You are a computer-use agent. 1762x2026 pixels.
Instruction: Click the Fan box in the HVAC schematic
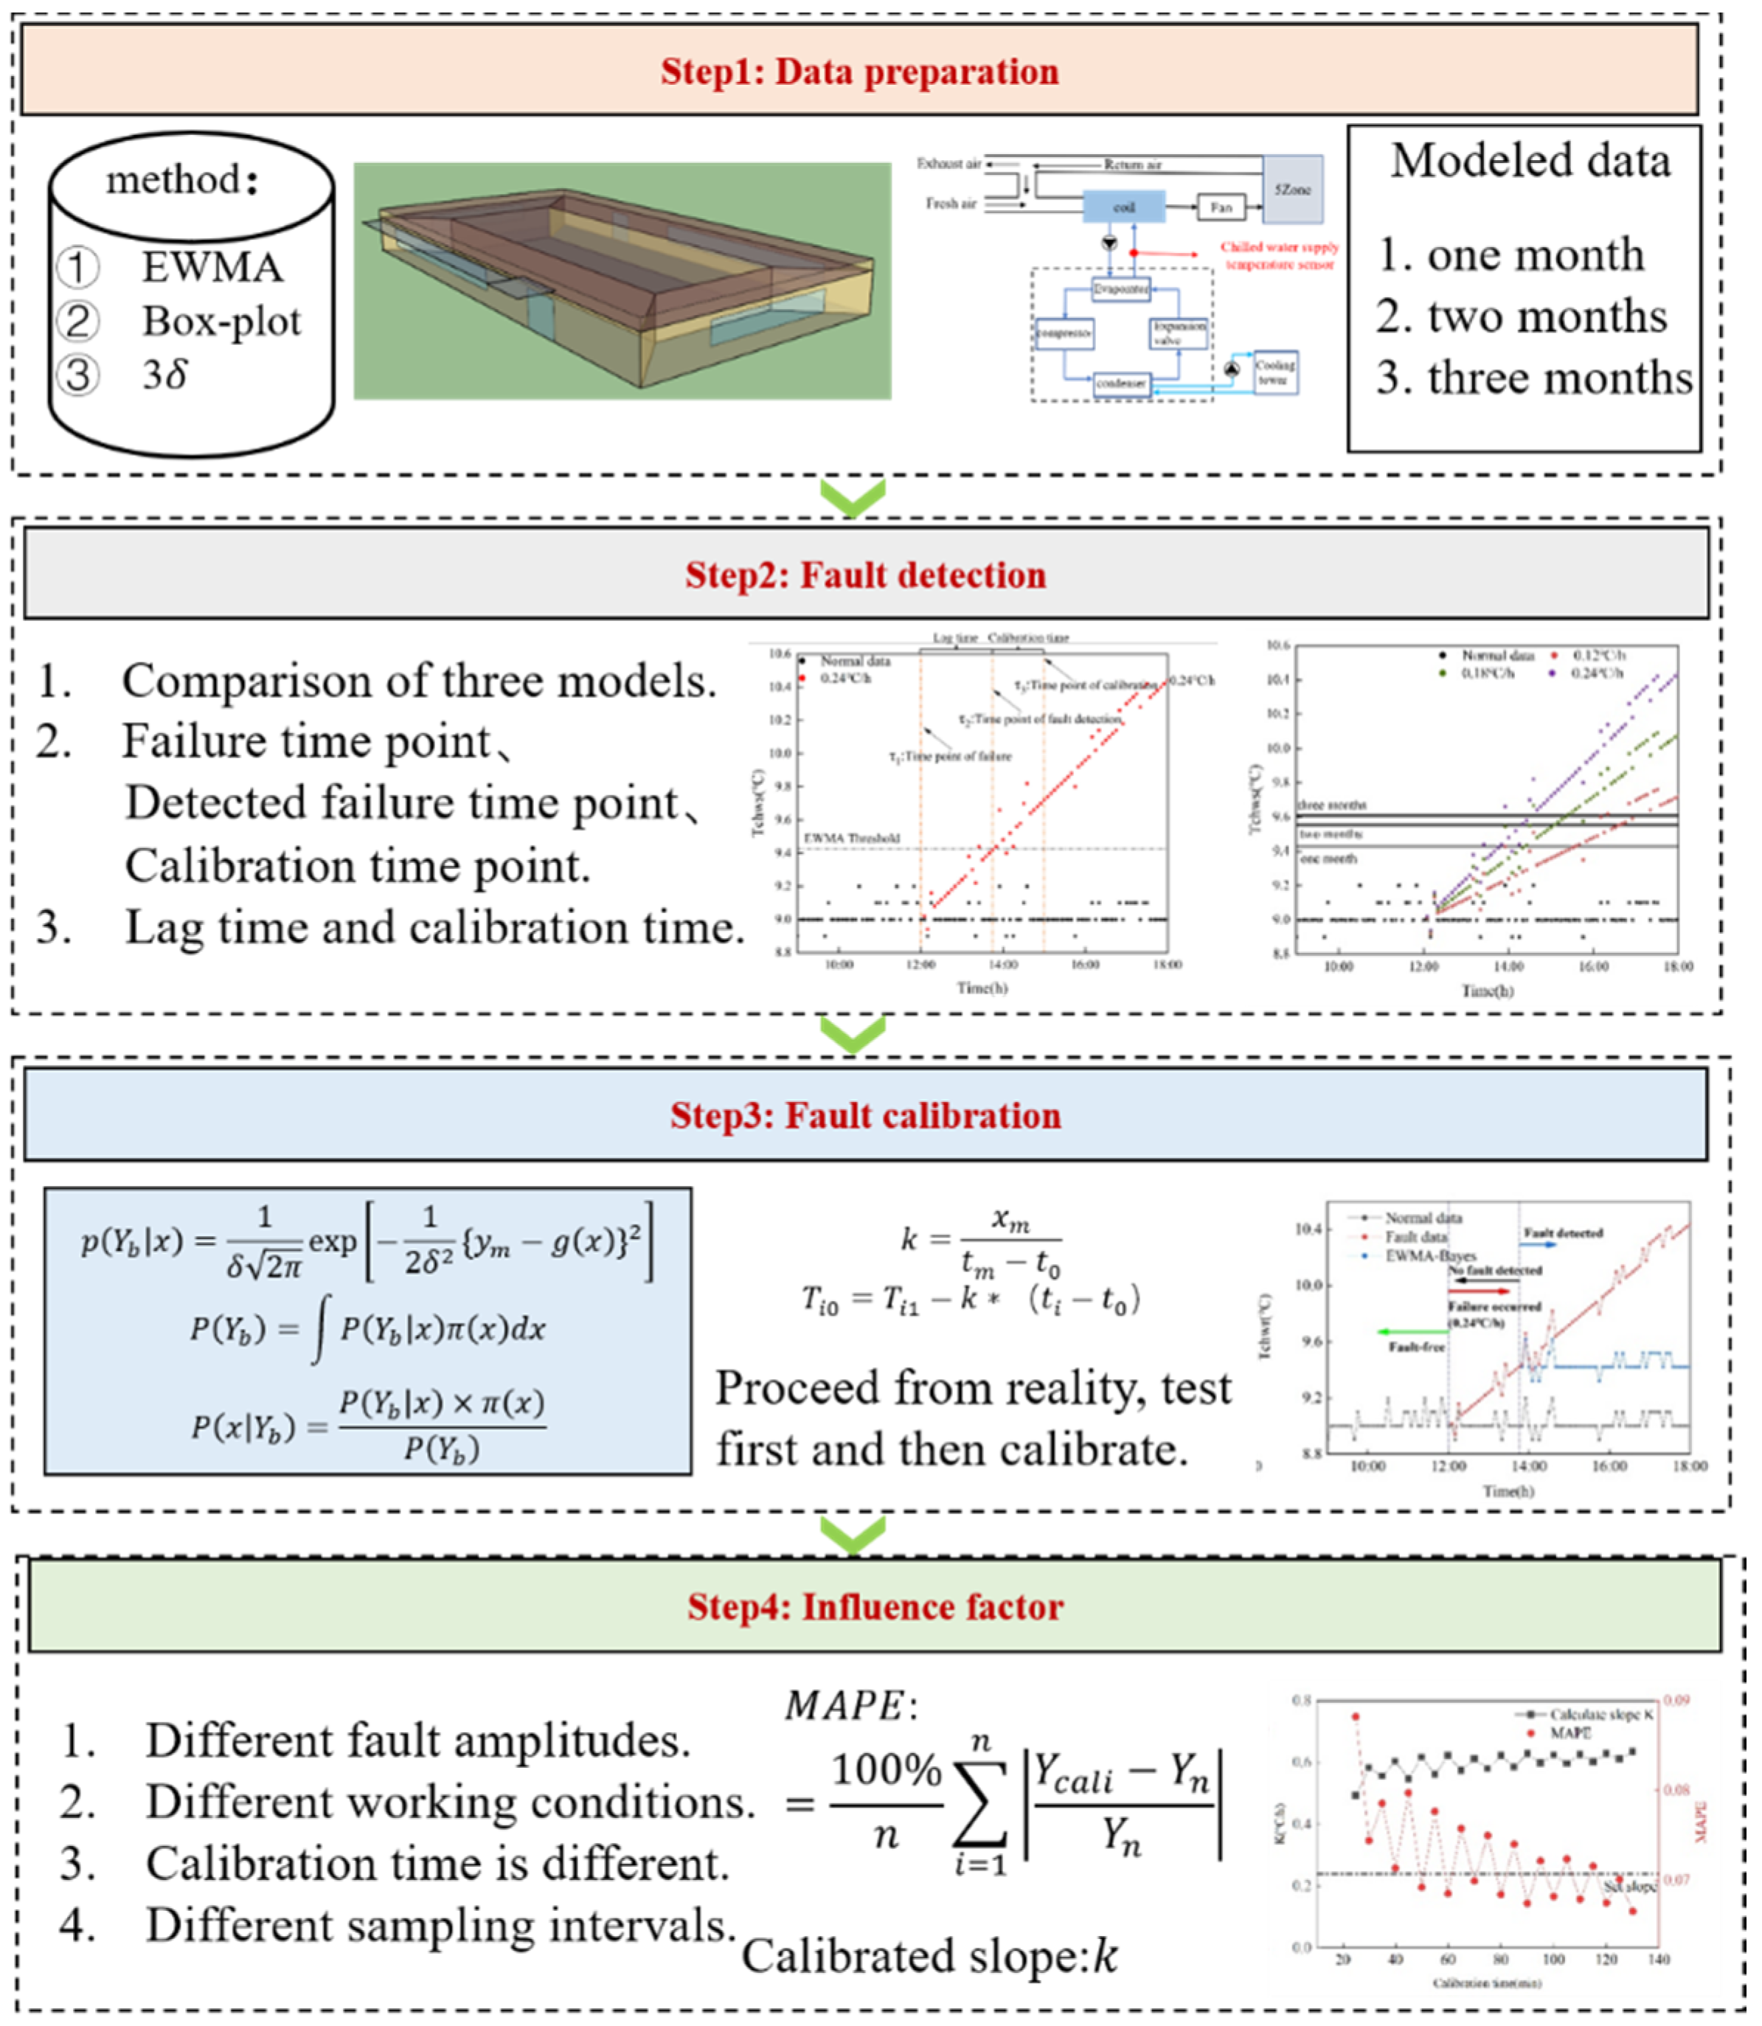[1220, 207]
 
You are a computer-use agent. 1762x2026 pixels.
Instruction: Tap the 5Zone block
[1292, 189]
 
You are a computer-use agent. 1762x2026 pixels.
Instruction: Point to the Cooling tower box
[1274, 372]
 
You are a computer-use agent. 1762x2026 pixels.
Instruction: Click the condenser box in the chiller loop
[1121, 384]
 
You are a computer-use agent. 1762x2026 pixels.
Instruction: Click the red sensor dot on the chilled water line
[1134, 253]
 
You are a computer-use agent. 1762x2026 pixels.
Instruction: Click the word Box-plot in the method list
[221, 322]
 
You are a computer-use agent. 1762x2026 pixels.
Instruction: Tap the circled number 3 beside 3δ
[77, 375]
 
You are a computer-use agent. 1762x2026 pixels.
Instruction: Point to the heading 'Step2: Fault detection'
[865, 575]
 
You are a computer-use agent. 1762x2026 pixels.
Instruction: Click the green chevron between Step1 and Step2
[853, 497]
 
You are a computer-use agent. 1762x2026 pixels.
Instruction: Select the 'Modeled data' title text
[1530, 162]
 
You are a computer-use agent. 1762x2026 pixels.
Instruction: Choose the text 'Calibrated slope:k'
[929, 1957]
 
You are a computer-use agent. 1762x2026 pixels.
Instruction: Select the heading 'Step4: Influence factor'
[875, 1607]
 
